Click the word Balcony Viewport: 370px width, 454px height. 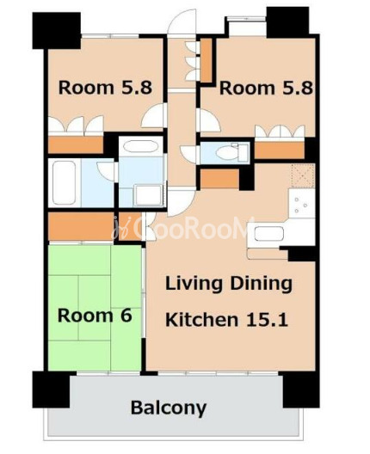click(x=169, y=408)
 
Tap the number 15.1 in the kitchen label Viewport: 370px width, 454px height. click(x=267, y=320)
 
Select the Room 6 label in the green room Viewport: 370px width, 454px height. click(x=95, y=315)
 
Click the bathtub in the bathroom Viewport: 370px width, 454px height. click(x=64, y=182)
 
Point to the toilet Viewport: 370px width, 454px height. click(x=231, y=152)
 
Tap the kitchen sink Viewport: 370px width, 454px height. click(x=268, y=234)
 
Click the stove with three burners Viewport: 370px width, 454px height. click(x=301, y=203)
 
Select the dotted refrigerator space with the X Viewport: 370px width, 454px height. click(x=303, y=175)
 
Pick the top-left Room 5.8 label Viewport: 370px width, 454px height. click(x=105, y=88)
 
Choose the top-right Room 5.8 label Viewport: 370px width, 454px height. click(x=266, y=88)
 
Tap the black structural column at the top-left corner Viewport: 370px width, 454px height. click(x=57, y=30)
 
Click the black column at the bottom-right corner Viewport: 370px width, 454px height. click(x=301, y=390)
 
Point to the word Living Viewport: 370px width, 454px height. click(x=194, y=284)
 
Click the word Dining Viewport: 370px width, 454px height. click(x=261, y=284)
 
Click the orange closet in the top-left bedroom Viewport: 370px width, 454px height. click(x=76, y=144)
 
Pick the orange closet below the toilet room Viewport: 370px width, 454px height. click(x=219, y=178)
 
